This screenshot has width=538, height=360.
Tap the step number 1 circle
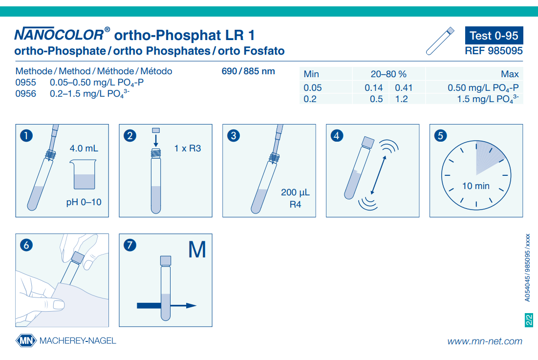[x=26, y=135]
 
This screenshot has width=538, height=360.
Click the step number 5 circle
[x=440, y=135]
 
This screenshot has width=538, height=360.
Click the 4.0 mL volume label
[x=84, y=148]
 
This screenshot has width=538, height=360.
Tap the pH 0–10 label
[x=84, y=202]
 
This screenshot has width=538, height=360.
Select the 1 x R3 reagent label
[x=188, y=148]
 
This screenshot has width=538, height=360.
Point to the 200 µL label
[x=295, y=192]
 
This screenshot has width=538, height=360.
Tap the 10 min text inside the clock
[x=475, y=186]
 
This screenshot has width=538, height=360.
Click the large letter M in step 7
[x=197, y=251]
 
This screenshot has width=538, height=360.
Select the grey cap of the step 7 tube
[x=166, y=260]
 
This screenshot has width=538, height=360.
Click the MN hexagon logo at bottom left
[x=25, y=340]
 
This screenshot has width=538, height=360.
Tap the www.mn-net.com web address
[x=484, y=341]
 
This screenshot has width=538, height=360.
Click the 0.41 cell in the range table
[x=404, y=88]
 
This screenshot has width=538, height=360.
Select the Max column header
[x=510, y=74]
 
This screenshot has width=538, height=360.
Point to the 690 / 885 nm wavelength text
[x=248, y=71]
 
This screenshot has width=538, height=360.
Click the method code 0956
[x=26, y=93]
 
